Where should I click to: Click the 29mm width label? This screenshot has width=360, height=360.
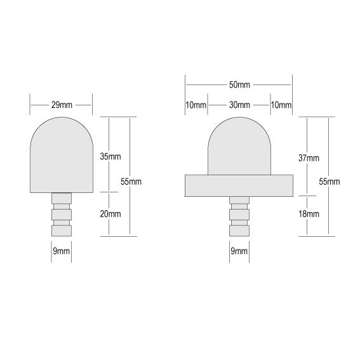tap(61, 102)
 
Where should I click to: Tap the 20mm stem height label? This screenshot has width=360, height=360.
tap(111, 213)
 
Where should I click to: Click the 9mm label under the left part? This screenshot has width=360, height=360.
tap(61, 251)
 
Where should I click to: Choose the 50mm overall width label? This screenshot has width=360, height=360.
tap(238, 84)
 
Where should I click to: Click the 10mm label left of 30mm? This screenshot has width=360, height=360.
tap(196, 105)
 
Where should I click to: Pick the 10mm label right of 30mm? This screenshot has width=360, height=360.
tap(281, 105)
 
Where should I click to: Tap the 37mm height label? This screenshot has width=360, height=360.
tap(309, 157)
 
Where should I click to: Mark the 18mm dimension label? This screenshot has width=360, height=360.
tap(309, 215)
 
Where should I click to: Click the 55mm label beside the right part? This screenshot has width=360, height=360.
tap(329, 181)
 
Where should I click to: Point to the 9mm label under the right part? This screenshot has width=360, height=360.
tap(239, 251)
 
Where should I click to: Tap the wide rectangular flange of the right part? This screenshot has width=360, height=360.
tap(239, 185)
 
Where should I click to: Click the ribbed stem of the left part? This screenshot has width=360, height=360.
tap(62, 213)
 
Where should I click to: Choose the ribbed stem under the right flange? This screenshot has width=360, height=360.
tap(239, 215)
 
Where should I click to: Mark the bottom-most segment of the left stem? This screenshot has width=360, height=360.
tap(62, 229)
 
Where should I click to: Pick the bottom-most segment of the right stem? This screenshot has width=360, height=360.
tap(239, 229)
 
